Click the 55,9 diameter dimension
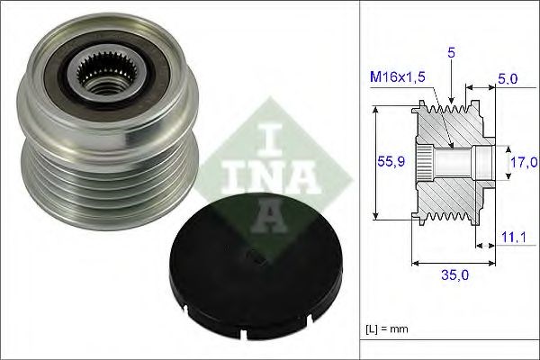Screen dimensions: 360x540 (x=386, y=162)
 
